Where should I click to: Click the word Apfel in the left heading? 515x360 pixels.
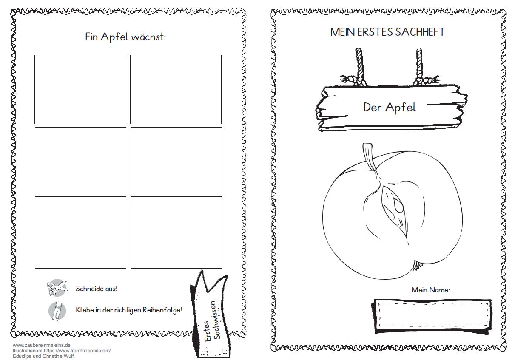pyautogui.click(x=114, y=37)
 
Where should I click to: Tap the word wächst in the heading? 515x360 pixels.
pyautogui.click(x=148, y=37)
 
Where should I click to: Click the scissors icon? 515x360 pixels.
pyautogui.click(x=57, y=288)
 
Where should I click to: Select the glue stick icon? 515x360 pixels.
pyautogui.click(x=57, y=311)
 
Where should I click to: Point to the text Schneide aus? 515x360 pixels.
pyautogui.click(x=97, y=289)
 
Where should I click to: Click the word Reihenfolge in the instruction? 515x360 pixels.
pyautogui.click(x=162, y=310)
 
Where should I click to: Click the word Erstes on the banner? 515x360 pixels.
pyautogui.click(x=207, y=331)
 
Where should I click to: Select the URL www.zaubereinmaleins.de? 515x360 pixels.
pyautogui.click(x=42, y=345)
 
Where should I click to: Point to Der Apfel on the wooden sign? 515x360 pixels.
pyautogui.click(x=390, y=107)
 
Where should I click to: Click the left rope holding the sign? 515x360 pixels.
pyautogui.click(x=360, y=67)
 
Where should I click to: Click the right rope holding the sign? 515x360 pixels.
pyautogui.click(x=419, y=67)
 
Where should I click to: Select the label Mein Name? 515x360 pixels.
pyautogui.click(x=431, y=290)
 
